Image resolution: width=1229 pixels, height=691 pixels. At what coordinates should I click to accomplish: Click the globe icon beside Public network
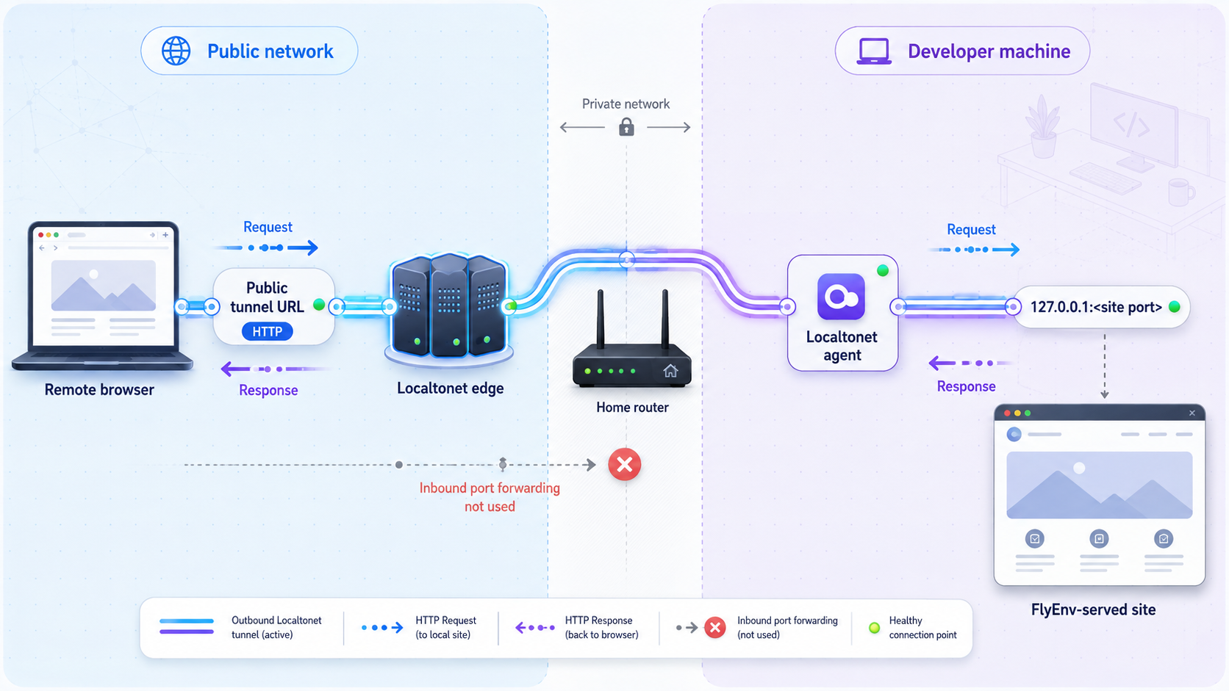(x=176, y=51)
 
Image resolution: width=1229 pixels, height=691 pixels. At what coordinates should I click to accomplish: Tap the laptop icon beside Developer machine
(x=873, y=51)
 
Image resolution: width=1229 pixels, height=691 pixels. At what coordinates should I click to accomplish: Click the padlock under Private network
(x=626, y=126)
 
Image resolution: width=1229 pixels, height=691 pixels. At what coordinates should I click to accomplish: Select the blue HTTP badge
(x=268, y=331)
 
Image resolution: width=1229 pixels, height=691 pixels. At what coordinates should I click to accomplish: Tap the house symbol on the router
(x=670, y=371)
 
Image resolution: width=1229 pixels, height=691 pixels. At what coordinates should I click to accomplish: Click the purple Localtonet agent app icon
(x=841, y=297)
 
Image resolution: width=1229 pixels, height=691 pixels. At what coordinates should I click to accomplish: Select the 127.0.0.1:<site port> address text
(x=1096, y=307)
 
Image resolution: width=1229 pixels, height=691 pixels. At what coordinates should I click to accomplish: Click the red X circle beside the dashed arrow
(x=624, y=465)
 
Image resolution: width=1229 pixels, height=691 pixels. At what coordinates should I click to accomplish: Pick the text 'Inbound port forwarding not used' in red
(x=490, y=497)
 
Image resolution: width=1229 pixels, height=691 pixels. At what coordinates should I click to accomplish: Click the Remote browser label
(x=99, y=390)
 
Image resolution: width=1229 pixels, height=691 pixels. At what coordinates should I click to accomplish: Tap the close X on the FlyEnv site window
(x=1192, y=413)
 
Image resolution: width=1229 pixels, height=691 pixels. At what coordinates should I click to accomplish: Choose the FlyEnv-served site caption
(x=1093, y=609)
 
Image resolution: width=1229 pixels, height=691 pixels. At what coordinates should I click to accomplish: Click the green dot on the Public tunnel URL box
(x=319, y=305)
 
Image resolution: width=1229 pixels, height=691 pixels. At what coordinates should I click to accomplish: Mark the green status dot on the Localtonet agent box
(x=882, y=270)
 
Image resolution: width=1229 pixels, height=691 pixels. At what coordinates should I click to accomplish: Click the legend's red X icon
(x=715, y=627)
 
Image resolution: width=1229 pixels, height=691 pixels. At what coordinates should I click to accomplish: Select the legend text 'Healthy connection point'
(x=922, y=627)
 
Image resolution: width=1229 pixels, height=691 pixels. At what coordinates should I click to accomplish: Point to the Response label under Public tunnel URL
(x=268, y=390)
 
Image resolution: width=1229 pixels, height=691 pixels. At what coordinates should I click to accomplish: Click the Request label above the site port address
(x=971, y=230)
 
